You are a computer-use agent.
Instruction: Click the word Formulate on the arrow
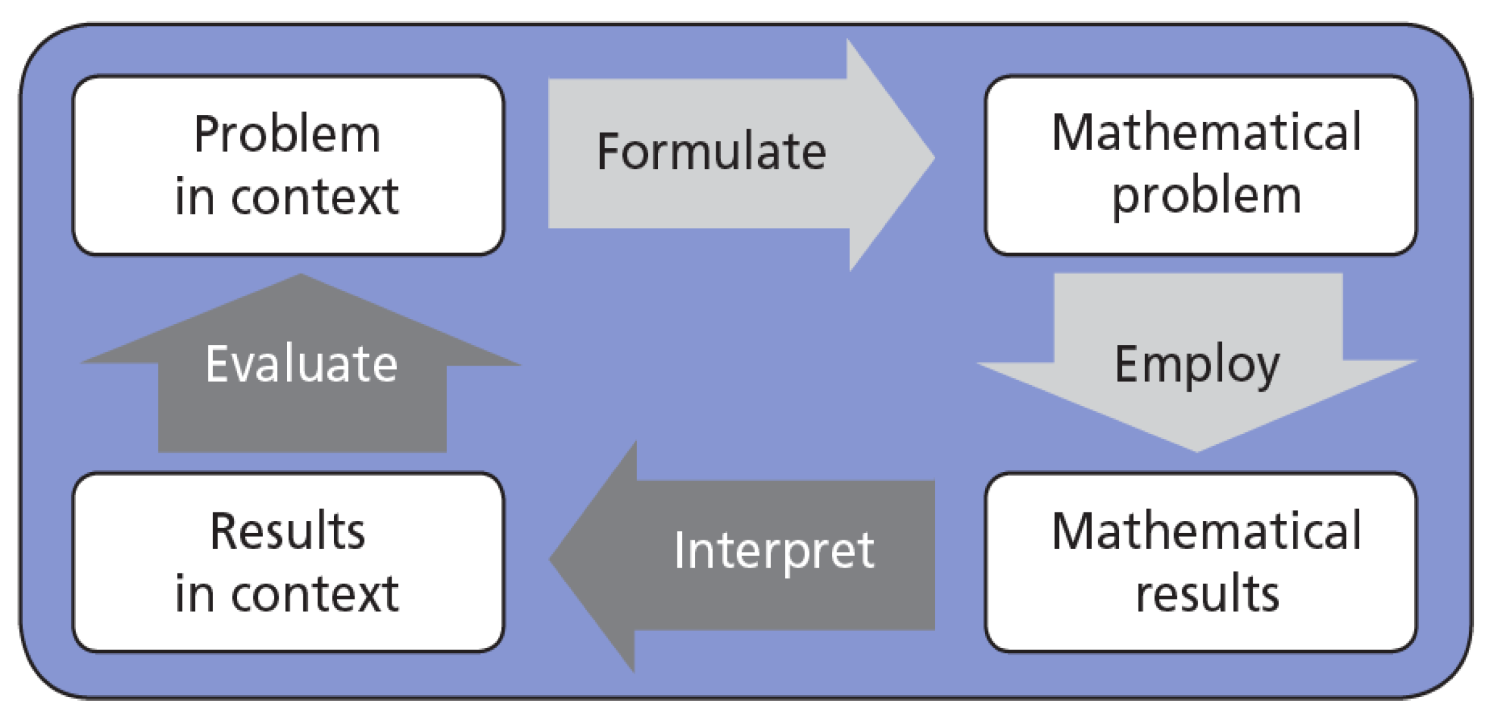tap(711, 151)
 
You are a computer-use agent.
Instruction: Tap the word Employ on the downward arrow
tap(1197, 364)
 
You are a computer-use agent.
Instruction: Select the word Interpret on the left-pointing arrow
tap(773, 551)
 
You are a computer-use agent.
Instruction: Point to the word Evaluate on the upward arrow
tap(301, 364)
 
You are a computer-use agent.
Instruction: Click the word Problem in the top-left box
tap(287, 134)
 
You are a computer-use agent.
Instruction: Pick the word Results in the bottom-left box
tap(288, 531)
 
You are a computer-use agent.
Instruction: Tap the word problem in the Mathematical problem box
tap(1207, 195)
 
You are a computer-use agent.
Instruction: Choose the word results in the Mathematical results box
tap(1207, 594)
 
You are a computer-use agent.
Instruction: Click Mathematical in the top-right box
tap(1207, 132)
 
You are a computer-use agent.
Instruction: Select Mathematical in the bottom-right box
tap(1207, 531)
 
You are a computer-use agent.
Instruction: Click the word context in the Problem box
tap(315, 197)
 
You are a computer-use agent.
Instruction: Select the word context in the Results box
tap(315, 594)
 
